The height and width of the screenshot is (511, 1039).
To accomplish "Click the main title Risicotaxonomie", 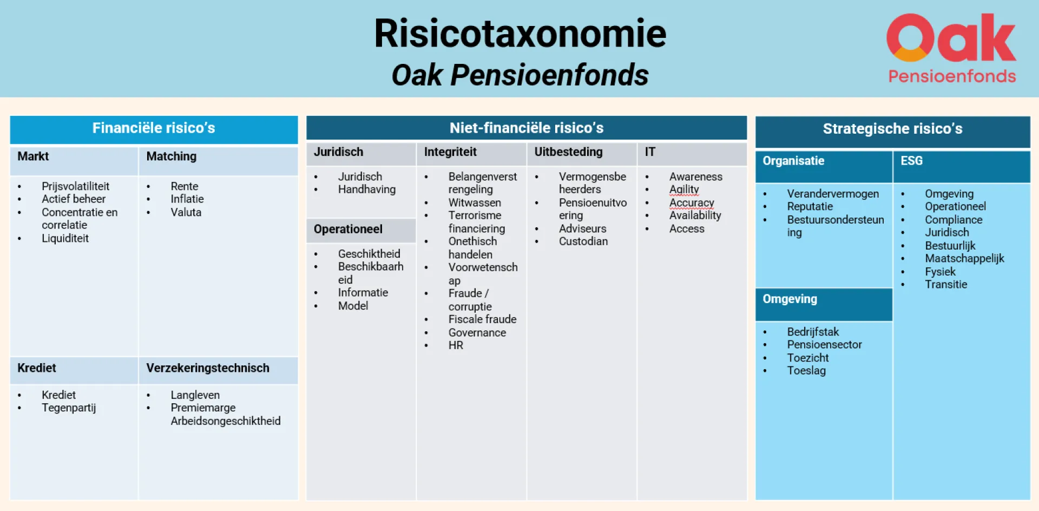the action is tap(520, 34).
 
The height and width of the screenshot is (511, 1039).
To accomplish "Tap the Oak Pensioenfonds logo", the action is tap(952, 48).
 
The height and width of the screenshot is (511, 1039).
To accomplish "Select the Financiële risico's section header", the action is tap(154, 128).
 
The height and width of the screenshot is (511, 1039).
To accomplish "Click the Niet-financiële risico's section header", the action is tap(527, 128).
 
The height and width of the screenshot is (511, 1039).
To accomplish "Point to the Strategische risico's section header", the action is tap(893, 129).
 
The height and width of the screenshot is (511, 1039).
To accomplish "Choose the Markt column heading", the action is tap(33, 156).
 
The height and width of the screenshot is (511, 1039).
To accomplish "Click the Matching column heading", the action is tap(172, 156).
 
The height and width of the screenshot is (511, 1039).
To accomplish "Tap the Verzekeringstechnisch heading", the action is tap(208, 368).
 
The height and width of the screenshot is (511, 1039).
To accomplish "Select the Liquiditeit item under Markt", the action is tap(65, 238).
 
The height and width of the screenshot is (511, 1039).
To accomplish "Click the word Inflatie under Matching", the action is tap(187, 199).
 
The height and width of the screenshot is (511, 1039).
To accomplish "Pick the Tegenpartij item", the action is tap(69, 408).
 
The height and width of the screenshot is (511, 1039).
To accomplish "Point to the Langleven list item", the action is tap(195, 395).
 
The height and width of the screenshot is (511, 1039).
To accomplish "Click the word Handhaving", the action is tap(367, 189).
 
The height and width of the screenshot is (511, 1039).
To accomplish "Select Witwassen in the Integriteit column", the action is tap(475, 202).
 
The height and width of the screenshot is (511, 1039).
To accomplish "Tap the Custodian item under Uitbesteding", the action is tap(583, 241).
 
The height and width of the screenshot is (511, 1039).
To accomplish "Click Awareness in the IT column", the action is tap(696, 176).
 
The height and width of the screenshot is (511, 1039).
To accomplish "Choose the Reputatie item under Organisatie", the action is tap(810, 207).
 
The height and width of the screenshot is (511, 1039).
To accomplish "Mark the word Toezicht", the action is tap(808, 358).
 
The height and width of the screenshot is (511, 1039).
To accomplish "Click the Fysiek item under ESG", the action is tap(940, 272).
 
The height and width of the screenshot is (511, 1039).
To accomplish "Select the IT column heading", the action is tap(650, 152).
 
